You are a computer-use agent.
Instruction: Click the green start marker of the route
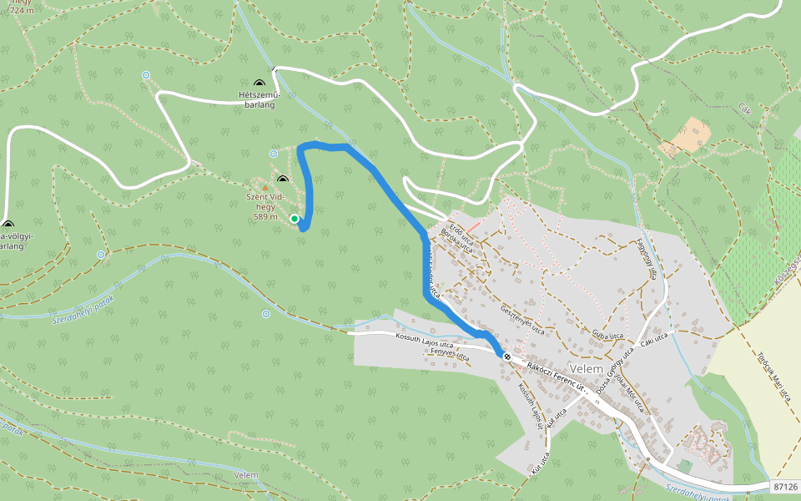(295, 219)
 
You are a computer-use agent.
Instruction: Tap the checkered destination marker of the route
(506, 357)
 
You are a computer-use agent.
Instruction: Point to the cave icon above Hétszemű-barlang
(259, 83)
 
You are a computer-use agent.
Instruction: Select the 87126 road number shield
(785, 486)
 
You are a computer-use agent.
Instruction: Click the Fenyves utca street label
(449, 354)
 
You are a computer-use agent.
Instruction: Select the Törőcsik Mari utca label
(773, 372)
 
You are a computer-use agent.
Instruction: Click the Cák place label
(745, 109)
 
